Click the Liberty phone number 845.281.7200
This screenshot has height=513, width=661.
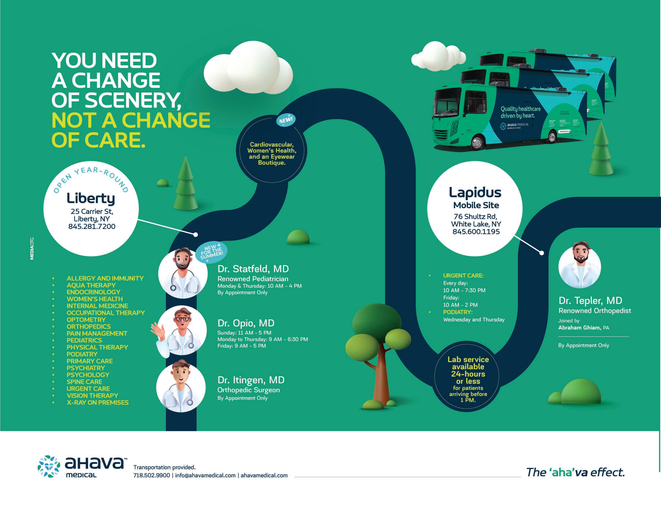(x=92, y=227)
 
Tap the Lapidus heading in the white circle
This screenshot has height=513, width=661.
(x=475, y=192)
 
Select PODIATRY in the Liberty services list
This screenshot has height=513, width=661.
(x=82, y=354)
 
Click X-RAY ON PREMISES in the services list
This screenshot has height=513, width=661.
(x=97, y=403)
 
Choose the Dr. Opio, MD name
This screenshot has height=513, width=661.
(x=246, y=323)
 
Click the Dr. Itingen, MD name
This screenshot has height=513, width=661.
(x=251, y=380)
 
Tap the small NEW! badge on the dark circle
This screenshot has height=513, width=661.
(x=286, y=120)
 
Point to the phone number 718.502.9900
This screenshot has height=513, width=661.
(x=152, y=475)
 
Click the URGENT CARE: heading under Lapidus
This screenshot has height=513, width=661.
(x=463, y=276)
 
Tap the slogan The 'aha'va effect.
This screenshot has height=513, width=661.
(x=575, y=472)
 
